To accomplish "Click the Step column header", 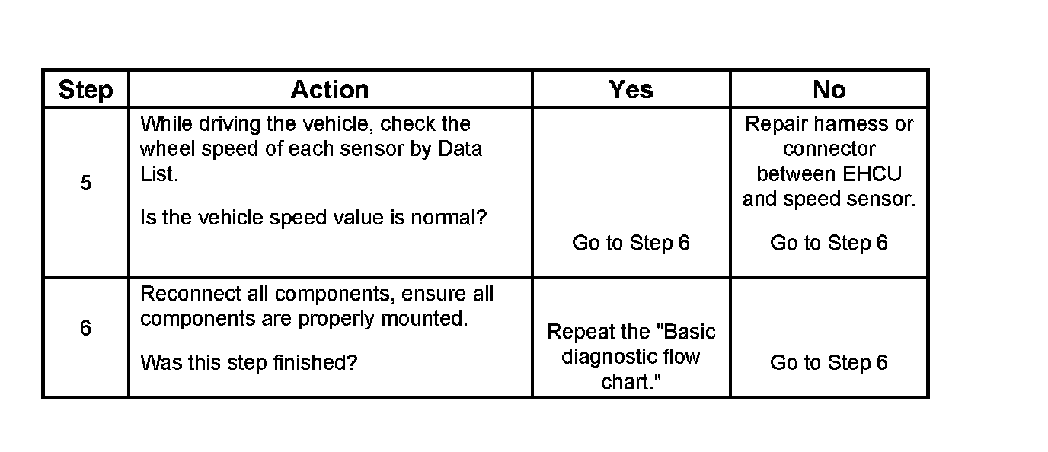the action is pos(85,90).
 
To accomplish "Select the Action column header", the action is pos(330,90).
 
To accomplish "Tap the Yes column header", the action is pos(631,90).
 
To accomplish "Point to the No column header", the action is pos(829,90).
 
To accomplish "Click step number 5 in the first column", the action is pos(85,183).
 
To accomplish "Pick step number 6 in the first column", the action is pos(85,328).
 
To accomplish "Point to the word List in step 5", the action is pos(157,174).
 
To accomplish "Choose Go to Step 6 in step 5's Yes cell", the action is pos(631,243).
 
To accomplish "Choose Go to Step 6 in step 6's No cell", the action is pos(829,362).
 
